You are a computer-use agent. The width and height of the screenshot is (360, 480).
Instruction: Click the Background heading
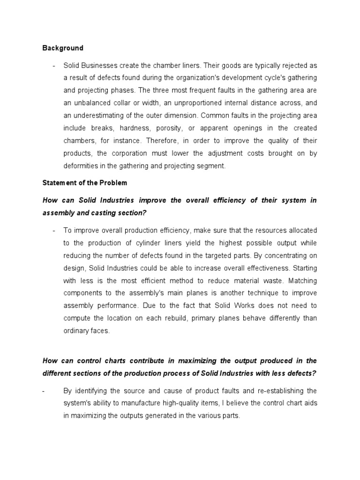[x=63, y=48]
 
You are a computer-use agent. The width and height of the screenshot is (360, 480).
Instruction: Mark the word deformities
[x=80, y=166]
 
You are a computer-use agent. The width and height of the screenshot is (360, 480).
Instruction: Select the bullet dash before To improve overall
[x=54, y=230]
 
